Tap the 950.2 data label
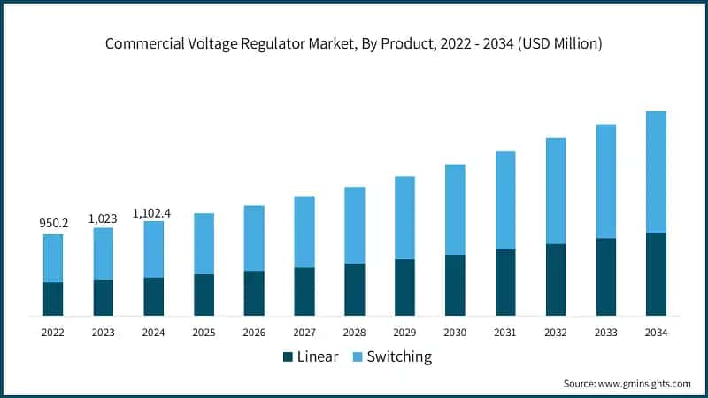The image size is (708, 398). (x=53, y=225)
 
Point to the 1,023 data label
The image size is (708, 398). (x=104, y=218)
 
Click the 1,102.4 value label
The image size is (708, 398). (x=154, y=212)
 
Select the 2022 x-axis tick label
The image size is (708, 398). (x=53, y=333)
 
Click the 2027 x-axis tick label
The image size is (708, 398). (x=304, y=333)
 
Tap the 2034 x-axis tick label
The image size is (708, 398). (x=656, y=333)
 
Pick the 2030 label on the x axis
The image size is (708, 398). (x=455, y=333)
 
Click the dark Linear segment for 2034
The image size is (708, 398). (x=656, y=274)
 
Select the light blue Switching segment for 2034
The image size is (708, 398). (x=656, y=172)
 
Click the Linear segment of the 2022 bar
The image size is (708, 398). (x=53, y=299)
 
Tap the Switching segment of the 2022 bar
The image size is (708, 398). (x=53, y=258)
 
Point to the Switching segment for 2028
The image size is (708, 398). (x=355, y=225)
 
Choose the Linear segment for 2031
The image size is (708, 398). (x=505, y=282)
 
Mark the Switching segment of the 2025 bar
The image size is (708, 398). (x=204, y=243)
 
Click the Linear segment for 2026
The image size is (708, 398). (x=254, y=293)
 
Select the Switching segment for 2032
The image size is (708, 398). (x=556, y=190)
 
